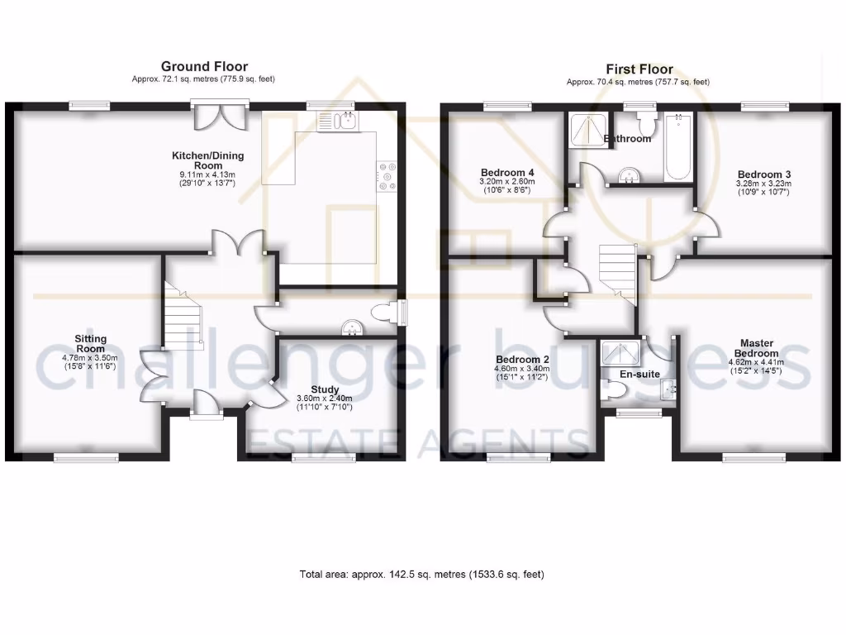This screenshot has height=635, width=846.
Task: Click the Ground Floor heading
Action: coord(204,66)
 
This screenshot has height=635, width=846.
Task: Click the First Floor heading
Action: coord(639,69)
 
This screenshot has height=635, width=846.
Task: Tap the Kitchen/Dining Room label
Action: coord(208,160)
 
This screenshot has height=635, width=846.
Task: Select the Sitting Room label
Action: coord(91,343)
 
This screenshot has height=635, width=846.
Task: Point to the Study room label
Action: coord(325,389)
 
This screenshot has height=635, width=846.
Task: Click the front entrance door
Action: coord(202,404)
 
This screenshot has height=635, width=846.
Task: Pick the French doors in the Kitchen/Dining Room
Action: coord(219,116)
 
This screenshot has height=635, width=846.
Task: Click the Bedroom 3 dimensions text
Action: coord(764,189)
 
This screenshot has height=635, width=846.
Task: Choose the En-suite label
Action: coord(640,374)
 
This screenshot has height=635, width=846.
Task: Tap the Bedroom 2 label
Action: coord(523,360)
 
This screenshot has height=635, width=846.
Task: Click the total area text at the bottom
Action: coord(421,574)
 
